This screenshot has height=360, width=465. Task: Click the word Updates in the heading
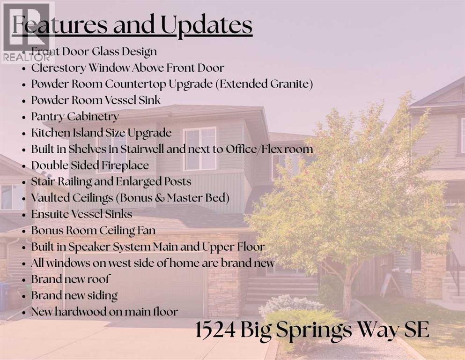(207, 25)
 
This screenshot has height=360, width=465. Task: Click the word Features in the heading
(60, 25)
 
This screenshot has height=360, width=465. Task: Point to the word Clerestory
(59, 68)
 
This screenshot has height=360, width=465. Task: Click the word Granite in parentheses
(290, 84)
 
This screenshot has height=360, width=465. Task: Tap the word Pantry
(47, 117)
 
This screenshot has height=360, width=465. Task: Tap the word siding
(102, 296)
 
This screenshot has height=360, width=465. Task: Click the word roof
(98, 279)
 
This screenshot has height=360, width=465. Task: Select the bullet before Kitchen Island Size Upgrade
(24, 133)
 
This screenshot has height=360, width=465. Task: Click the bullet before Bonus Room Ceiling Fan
(24, 231)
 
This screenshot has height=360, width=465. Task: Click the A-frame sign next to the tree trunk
(390, 285)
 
